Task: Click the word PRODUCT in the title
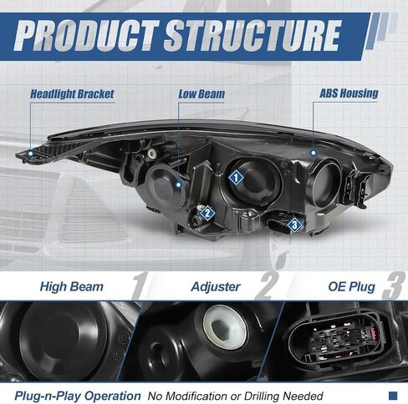[x=86, y=36]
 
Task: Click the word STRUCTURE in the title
[x=252, y=36]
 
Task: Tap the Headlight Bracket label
[x=72, y=94]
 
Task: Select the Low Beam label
[x=201, y=94]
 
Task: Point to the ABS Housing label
[x=349, y=93]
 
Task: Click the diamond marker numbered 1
[x=236, y=177]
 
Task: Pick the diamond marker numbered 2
[x=207, y=214]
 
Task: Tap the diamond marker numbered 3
[x=294, y=225]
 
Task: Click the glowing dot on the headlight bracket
[x=30, y=153]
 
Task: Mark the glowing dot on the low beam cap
[x=178, y=184]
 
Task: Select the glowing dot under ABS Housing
[x=314, y=153]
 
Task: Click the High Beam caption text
[x=72, y=286]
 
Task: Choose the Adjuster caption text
[x=216, y=287]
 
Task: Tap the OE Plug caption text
[x=352, y=286]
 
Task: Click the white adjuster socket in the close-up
[x=225, y=326]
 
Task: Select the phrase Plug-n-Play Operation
[x=78, y=396]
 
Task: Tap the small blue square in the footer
[x=393, y=396]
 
